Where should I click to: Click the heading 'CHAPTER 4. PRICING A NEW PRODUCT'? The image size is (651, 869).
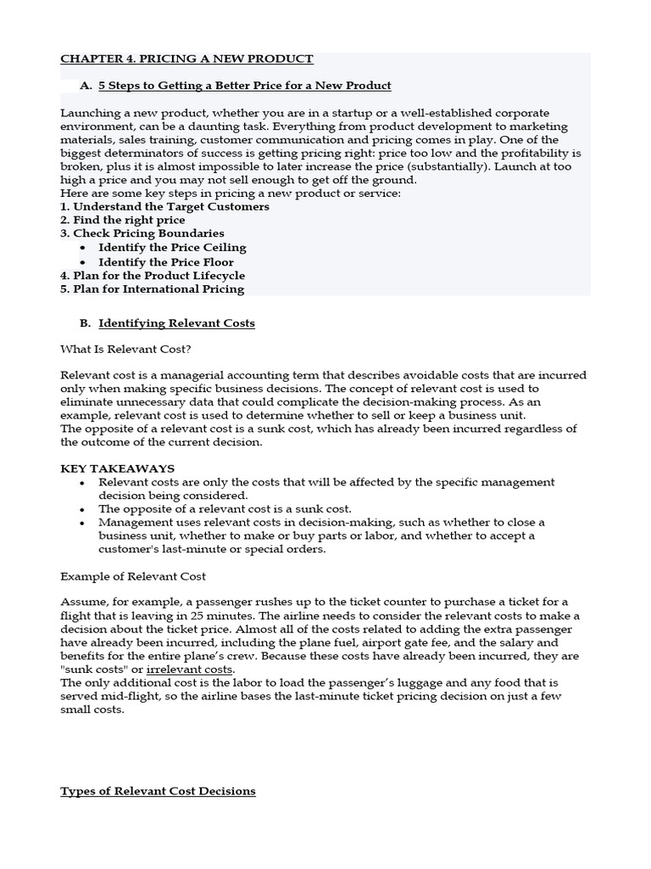[x=186, y=59]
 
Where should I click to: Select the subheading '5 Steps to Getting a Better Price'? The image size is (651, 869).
[x=244, y=86]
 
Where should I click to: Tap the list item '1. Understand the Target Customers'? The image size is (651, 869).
[x=164, y=206]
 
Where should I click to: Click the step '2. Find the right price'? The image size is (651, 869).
[x=122, y=220]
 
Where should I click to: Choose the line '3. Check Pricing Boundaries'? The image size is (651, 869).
[x=142, y=233]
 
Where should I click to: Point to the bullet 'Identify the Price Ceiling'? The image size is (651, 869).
[x=172, y=248]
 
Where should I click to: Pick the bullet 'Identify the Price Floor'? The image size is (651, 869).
[x=166, y=262]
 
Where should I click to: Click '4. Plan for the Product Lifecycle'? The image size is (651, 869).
[x=153, y=276]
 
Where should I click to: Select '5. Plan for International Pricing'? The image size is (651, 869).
[x=152, y=289]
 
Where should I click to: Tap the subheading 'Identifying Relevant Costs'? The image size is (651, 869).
[x=176, y=323]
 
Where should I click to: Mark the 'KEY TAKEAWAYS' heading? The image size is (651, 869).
[x=117, y=468]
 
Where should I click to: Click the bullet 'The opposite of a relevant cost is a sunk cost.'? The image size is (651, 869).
[x=225, y=509]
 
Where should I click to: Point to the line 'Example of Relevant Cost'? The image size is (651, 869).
[x=132, y=576]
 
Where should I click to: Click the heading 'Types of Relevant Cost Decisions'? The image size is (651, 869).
[x=158, y=791]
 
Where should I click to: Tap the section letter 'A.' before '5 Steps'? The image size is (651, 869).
[x=86, y=86]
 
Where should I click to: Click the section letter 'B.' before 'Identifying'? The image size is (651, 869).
[x=86, y=323]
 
